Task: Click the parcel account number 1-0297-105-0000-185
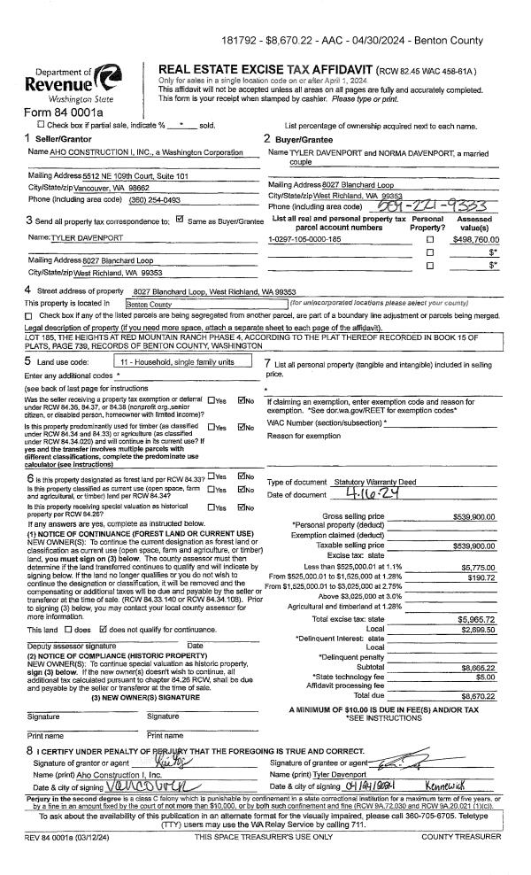tap(304, 239)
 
